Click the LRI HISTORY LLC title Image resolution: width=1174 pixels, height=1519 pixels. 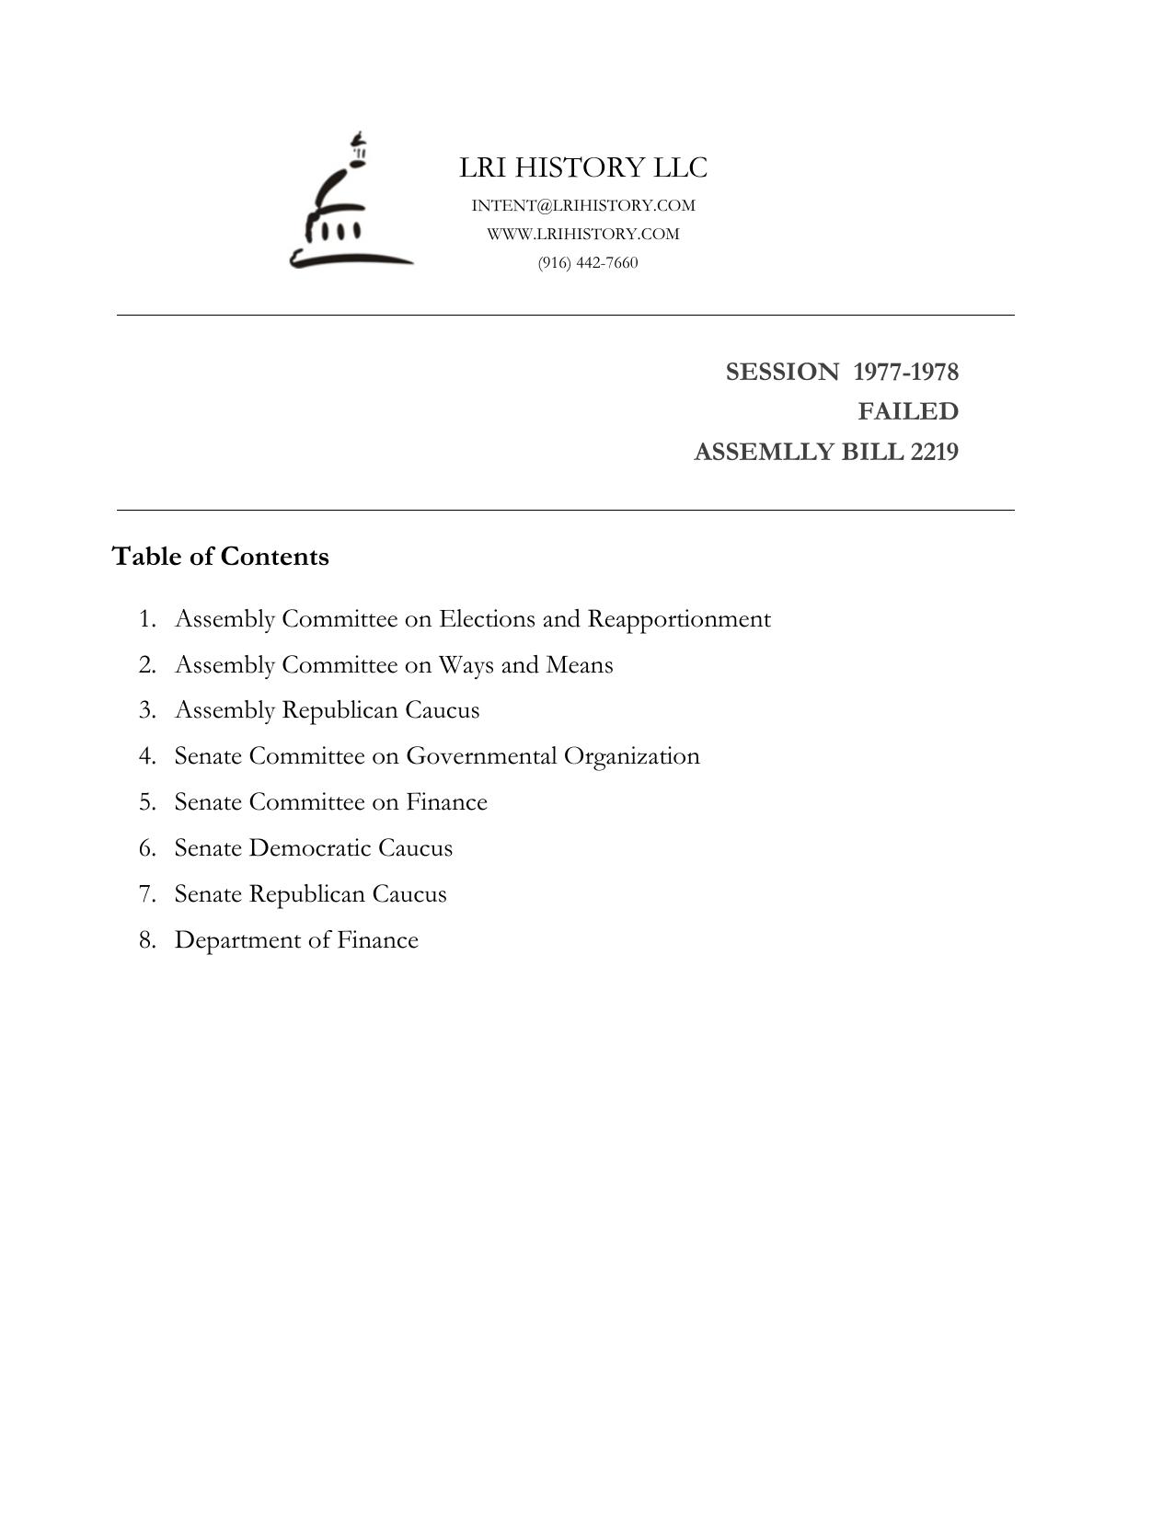(x=583, y=167)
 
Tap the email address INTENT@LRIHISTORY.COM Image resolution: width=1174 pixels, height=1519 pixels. (x=583, y=205)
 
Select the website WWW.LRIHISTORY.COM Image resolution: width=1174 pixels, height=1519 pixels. (x=583, y=234)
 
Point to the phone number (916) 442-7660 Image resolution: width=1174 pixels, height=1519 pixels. (x=588, y=262)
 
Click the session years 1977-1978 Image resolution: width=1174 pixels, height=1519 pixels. (x=905, y=372)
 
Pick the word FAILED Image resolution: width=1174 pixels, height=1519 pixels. (x=908, y=411)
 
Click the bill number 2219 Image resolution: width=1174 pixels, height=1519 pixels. (x=934, y=452)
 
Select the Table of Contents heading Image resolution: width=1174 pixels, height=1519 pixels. (x=220, y=557)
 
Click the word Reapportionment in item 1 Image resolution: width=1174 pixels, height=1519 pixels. (x=679, y=619)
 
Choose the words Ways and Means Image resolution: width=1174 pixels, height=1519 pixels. (x=525, y=664)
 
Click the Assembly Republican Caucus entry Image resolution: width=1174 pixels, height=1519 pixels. (x=327, y=710)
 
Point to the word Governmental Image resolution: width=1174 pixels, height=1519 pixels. (x=481, y=756)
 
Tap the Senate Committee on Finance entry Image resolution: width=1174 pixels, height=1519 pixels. (x=330, y=802)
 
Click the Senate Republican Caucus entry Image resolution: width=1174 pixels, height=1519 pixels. (x=310, y=894)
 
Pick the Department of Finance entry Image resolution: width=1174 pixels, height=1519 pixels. (x=296, y=940)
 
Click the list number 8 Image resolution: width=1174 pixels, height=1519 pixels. (x=147, y=940)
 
